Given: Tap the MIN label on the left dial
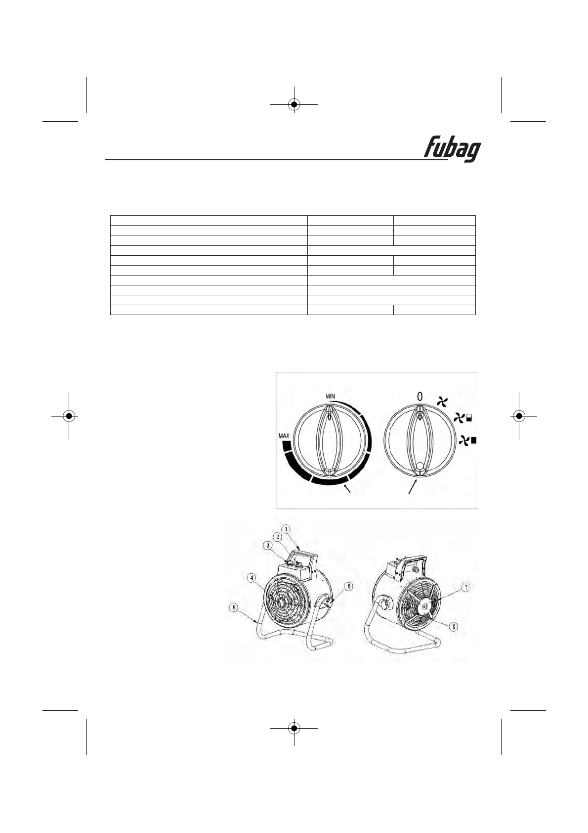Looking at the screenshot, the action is (330, 396).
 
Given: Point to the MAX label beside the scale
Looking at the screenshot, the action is (284, 435).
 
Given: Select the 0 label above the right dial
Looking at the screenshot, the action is (420, 396).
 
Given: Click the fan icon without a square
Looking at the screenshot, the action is (442, 401).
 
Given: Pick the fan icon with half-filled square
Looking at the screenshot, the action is (462, 419).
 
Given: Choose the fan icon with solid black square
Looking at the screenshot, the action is (467, 441).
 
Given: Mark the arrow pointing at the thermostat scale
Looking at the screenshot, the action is (347, 489).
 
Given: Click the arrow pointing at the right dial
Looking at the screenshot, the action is (413, 486).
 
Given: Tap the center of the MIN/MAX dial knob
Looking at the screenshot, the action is (329, 441).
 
